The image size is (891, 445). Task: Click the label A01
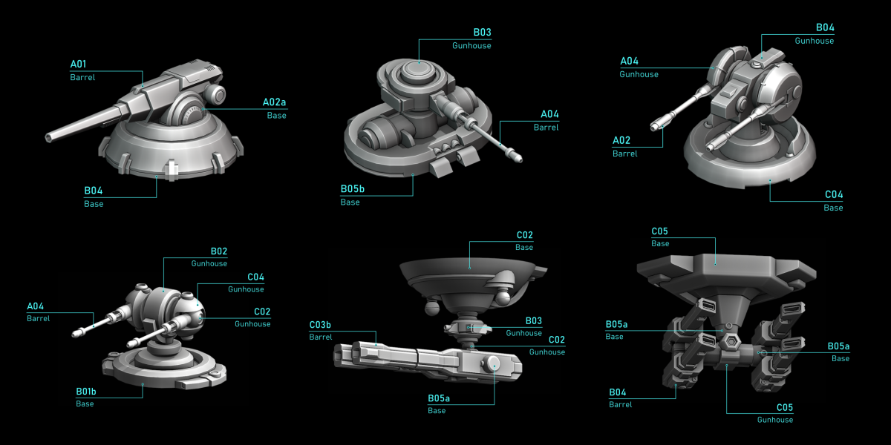pos(78,64)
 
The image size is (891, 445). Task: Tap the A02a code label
pos(274,102)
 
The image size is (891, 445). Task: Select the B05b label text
pos(353,188)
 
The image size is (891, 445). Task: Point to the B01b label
pos(86,392)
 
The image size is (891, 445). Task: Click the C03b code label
pos(320,325)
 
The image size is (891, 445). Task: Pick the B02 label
pos(219,251)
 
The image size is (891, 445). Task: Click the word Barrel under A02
pos(625,154)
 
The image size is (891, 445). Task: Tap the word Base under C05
pos(660,243)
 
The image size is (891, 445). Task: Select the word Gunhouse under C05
pos(775,420)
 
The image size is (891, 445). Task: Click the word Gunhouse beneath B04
pos(815,41)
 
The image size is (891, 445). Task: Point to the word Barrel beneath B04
pos(621,404)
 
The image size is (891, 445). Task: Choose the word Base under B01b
pos(85,403)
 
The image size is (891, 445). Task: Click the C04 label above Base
pos(834,194)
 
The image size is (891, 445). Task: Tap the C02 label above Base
pos(525,235)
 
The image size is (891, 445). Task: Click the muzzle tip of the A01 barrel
pos(48,137)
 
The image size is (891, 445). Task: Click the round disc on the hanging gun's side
pos(493,363)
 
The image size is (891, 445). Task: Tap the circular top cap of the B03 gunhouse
pos(419,71)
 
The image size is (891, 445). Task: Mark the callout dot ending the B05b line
pos(413,175)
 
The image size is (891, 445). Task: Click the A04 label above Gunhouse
pos(630,61)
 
